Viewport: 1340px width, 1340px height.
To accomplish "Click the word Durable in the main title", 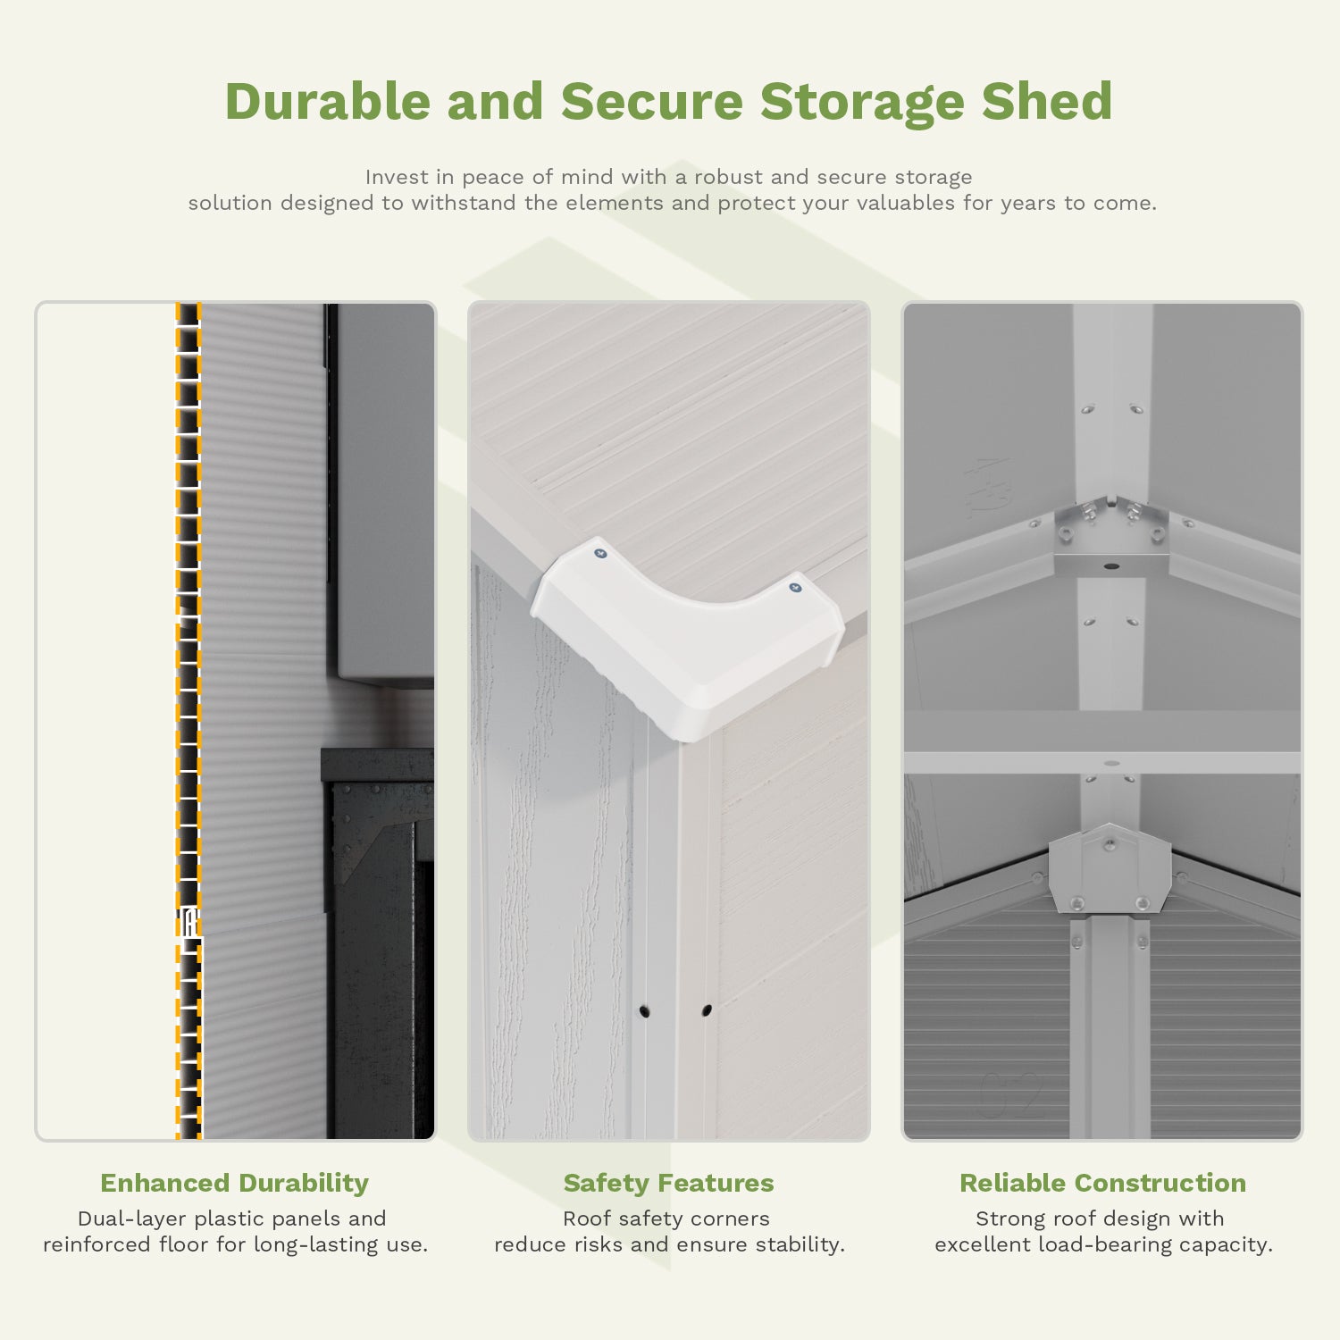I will (327, 101).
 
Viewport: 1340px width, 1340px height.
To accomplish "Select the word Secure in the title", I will (651, 101).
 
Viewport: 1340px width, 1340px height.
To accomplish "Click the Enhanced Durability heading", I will (234, 1183).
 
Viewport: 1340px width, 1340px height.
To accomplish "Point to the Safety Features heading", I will (668, 1183).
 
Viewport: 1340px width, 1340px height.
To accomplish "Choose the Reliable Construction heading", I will (1102, 1183).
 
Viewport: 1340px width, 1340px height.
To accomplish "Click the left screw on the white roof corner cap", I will (600, 554).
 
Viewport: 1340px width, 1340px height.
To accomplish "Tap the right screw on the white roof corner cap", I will (794, 588).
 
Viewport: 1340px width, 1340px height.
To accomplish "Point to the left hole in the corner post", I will (644, 1012).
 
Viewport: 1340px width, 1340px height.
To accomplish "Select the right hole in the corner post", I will (707, 1011).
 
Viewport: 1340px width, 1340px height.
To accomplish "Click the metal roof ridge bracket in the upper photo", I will (1110, 540).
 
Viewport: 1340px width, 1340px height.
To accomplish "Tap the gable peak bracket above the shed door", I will (1110, 871).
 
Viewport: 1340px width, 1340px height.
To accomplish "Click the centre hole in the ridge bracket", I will (1110, 566).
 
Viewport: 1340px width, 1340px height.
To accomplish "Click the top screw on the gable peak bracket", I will (1110, 843).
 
